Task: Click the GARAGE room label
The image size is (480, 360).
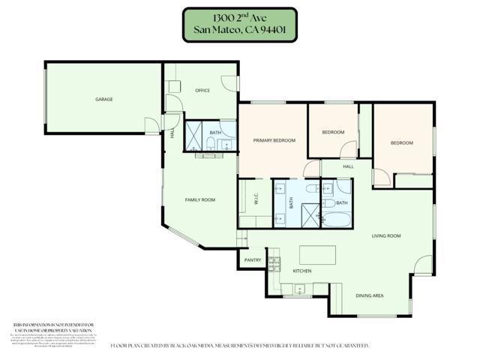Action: coord(103,99)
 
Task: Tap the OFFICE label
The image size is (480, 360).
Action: coord(202,91)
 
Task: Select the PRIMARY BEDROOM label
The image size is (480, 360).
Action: coord(274,140)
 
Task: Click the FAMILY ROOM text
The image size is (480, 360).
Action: coord(200,199)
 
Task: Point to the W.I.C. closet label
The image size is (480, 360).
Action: coord(256,199)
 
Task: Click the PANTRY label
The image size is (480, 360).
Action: coord(252,260)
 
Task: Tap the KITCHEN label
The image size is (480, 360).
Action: coord(301,271)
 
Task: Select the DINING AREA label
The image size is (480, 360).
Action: coord(369,295)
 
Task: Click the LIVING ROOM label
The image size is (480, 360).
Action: coord(386,236)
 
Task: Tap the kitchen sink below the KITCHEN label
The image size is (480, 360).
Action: coord(298,287)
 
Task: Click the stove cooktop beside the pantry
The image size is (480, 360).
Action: coord(274,262)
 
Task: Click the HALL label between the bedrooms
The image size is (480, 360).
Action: coord(349,166)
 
